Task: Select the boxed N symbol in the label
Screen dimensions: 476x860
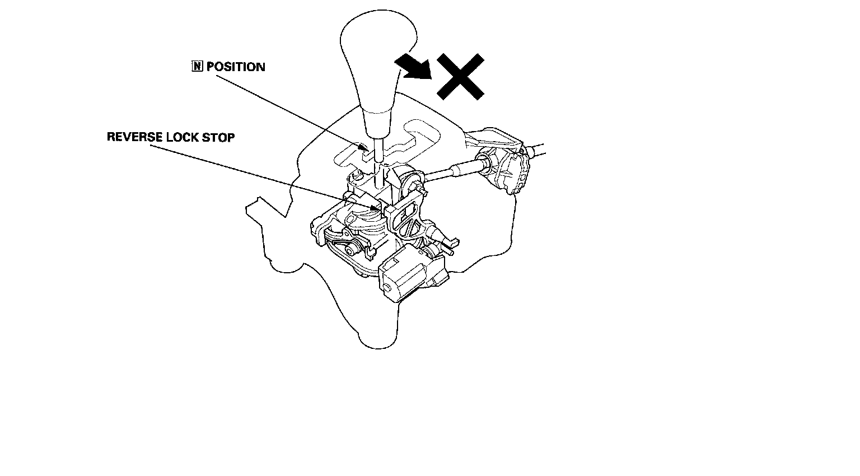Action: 197,67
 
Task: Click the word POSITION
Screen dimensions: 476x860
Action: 236,67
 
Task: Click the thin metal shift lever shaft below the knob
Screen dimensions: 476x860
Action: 378,151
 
